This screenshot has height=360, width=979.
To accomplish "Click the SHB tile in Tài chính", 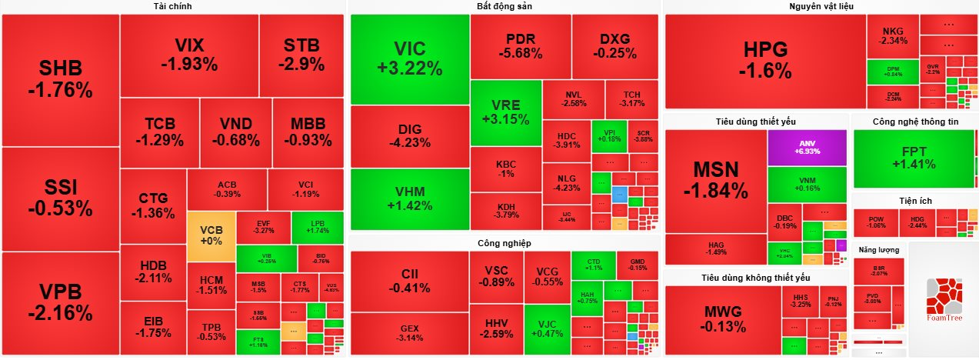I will coord(60,80).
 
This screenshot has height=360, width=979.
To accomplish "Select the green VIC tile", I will coord(409,58).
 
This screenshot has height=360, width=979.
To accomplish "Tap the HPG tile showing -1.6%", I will coord(764,61).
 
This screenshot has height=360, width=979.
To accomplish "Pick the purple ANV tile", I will coord(807,147).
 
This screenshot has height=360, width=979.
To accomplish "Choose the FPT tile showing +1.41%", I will coord(914,158).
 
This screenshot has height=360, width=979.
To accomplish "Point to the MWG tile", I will coord(722,319).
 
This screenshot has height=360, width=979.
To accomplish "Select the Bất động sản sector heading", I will coord(504,7).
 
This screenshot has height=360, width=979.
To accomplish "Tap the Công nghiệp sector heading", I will coord(504,243).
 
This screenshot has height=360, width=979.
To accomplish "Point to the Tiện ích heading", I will coord(914,201).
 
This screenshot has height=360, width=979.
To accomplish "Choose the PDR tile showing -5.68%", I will coord(520,47).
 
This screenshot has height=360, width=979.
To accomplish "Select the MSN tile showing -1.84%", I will coord(715,180).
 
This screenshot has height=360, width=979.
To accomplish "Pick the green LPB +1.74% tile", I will coord(317,226).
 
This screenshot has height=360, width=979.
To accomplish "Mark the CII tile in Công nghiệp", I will coord(409,281).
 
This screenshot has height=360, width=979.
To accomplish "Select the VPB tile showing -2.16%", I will coord(60,303).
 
